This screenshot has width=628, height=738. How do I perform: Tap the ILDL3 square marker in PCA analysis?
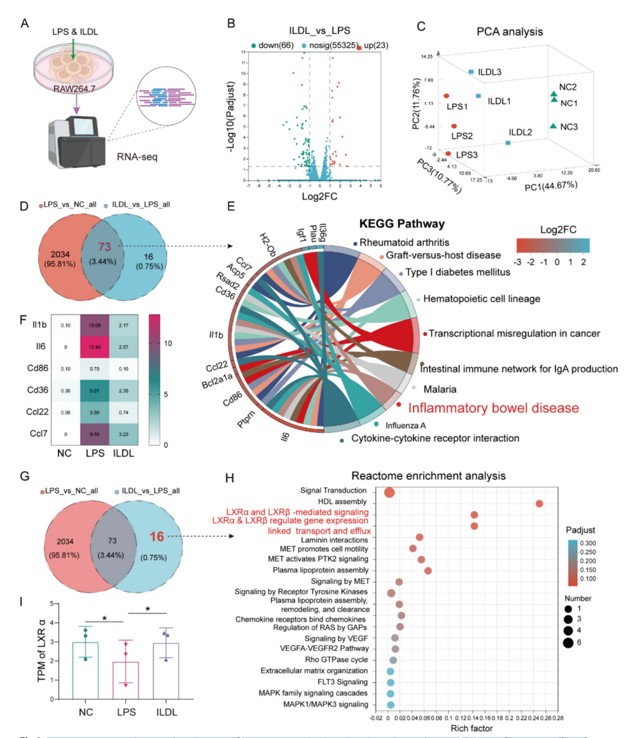pos(471,72)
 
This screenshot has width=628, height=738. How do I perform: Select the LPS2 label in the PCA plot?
pos(461,135)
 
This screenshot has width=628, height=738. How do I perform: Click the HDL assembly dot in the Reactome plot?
pos(540,503)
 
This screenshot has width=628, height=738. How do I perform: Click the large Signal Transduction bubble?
pos(389,493)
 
